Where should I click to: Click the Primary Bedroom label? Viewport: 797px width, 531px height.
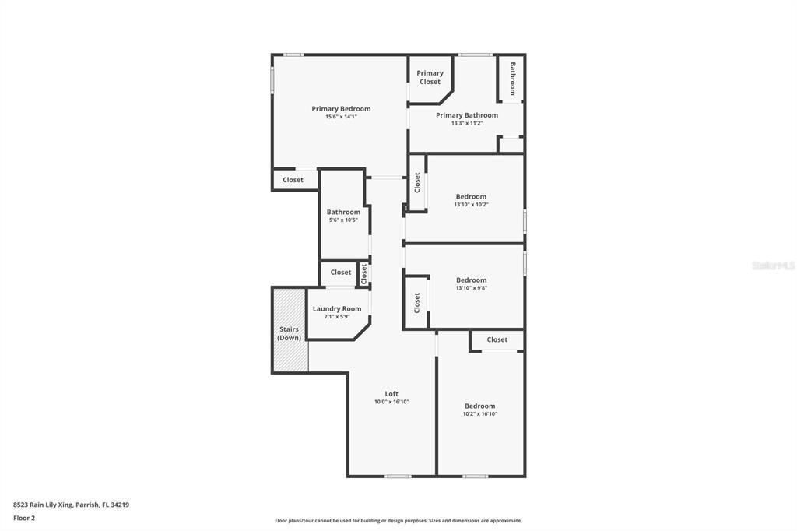click(x=341, y=109)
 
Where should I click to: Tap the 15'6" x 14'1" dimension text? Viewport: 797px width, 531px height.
click(x=341, y=117)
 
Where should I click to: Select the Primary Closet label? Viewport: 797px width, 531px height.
click(x=430, y=77)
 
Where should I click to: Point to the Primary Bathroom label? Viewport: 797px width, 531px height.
click(x=466, y=115)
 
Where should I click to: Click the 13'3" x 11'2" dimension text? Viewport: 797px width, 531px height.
click(x=466, y=123)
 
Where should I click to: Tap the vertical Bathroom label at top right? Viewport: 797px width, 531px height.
click(x=513, y=79)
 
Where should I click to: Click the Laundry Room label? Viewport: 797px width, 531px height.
click(x=337, y=309)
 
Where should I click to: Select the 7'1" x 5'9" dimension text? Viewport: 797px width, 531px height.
click(x=337, y=317)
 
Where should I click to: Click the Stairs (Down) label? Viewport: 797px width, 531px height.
click(x=290, y=333)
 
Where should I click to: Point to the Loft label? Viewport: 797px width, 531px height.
click(x=391, y=394)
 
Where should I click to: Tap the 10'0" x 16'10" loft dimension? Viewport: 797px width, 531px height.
click(x=391, y=402)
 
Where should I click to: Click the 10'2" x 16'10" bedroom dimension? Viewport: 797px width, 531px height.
click(x=479, y=414)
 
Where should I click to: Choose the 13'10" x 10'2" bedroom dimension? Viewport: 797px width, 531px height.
click(x=471, y=205)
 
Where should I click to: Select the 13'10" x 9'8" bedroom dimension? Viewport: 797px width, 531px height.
click(x=471, y=288)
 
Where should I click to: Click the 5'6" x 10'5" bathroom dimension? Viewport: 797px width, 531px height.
click(x=343, y=220)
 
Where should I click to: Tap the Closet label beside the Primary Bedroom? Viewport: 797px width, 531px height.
click(x=293, y=180)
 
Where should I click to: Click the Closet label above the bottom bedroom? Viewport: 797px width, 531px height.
click(x=497, y=339)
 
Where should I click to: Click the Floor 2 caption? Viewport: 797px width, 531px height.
click(x=24, y=518)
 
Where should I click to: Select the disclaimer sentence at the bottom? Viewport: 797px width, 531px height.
click(x=398, y=521)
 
